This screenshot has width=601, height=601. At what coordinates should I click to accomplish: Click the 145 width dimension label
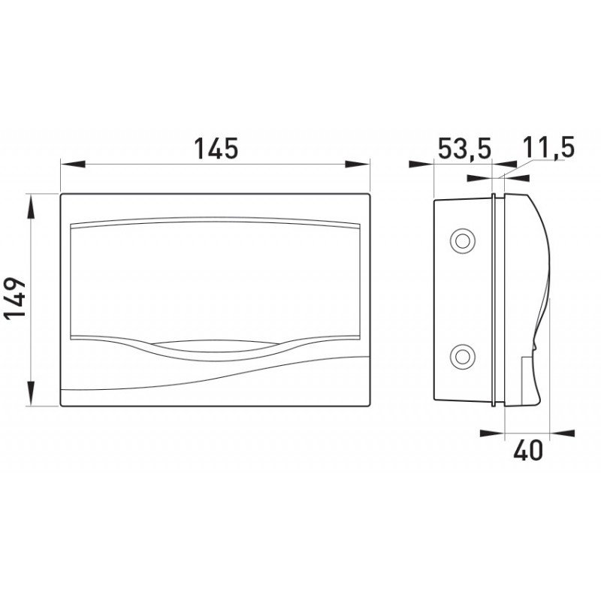pos(216,148)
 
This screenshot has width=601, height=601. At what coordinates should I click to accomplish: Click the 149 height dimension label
pos(14,297)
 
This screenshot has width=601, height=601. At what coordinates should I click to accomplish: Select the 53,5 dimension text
pos(464,148)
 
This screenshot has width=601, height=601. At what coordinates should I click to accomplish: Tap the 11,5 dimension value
pos(548,147)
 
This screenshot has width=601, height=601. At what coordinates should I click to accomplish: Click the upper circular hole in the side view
pos(463,241)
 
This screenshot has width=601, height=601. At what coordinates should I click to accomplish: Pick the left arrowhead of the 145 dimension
pos(73,164)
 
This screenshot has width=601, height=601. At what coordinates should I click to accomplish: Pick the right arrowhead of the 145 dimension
pos(358,164)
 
